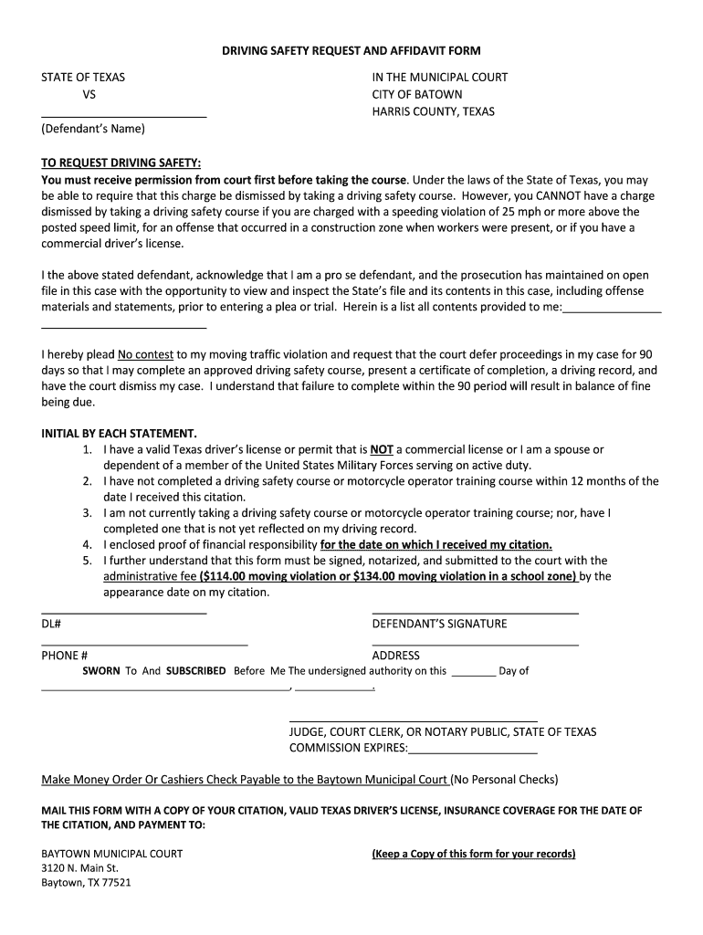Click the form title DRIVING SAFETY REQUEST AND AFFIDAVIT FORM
point(351,51)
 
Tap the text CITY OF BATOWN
point(416,94)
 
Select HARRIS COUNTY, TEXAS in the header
point(433,111)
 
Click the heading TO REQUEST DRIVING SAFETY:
point(121,163)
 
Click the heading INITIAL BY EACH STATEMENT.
point(119,433)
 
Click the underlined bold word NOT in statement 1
point(381,449)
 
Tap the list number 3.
point(87,513)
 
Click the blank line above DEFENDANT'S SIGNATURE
point(475,613)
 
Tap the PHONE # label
point(64,656)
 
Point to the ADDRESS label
point(396,656)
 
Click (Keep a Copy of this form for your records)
point(473,854)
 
